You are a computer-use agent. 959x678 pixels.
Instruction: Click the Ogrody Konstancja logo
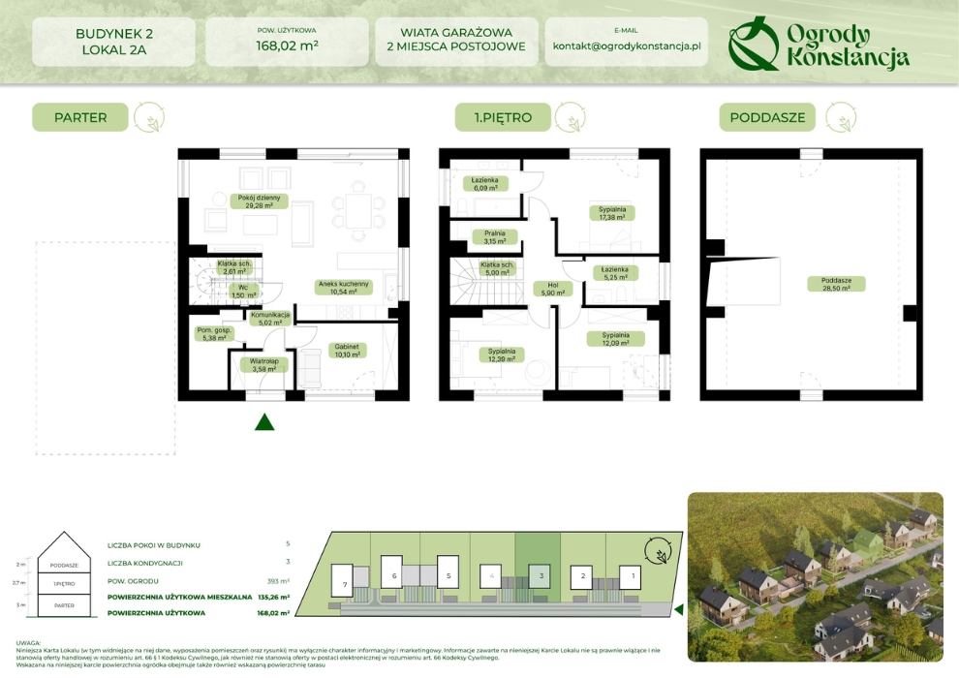819,45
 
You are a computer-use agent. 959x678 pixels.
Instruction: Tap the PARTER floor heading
80,118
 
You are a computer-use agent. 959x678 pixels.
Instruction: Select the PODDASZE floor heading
767,118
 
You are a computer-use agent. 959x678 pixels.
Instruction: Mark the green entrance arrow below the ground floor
264,421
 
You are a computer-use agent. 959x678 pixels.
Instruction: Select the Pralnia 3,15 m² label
494,236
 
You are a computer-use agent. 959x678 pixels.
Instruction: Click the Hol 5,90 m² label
553,289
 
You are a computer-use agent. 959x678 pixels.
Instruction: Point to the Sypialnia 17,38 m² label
611,213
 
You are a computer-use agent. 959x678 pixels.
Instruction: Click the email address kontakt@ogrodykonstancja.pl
626,46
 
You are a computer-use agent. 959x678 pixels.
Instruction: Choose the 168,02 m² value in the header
288,46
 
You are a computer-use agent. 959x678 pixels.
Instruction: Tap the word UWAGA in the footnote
29,642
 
